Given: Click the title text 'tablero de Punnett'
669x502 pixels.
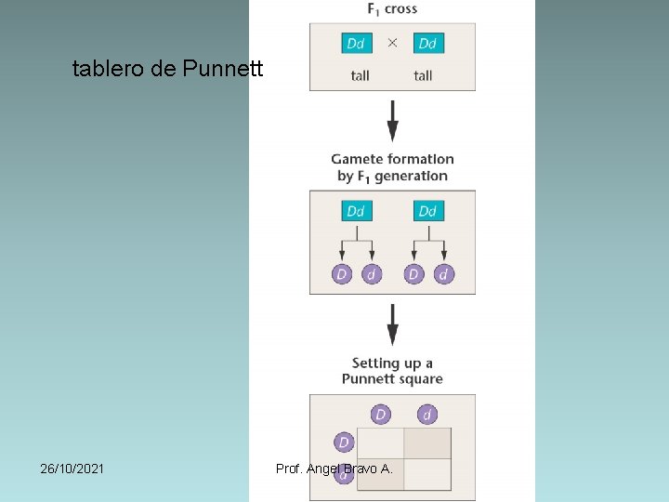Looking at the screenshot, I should (168, 69).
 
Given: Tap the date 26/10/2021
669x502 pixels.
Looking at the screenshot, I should (72, 469).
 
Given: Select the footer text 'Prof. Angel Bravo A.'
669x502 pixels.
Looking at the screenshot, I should (334, 469).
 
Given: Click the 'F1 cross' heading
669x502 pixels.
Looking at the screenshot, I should (392, 9).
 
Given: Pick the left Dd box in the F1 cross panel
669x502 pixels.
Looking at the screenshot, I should (356, 44).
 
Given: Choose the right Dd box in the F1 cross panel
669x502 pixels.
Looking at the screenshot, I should (427, 44).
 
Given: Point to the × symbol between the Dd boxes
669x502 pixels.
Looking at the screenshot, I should (392, 44).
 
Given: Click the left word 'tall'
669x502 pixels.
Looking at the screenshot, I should (361, 76).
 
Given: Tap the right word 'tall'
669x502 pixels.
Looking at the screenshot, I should (423, 76).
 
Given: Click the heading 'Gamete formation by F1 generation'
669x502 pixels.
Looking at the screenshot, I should (392, 167).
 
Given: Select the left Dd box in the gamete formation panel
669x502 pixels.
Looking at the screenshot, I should (356, 211).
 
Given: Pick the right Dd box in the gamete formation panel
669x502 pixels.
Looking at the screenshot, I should (427, 211).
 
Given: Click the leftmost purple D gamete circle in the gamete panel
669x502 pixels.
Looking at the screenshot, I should (342, 274).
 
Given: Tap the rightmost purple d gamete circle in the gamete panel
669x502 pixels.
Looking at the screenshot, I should (444, 274).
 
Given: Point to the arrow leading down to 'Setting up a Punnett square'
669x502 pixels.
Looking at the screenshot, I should (392, 324).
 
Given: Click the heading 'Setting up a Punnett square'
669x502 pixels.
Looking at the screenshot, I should (392, 371).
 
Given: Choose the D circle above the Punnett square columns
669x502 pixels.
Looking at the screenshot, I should (380, 415).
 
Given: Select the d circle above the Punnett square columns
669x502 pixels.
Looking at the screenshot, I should (427, 415).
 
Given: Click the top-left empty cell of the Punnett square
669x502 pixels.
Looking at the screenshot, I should (380, 443).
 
